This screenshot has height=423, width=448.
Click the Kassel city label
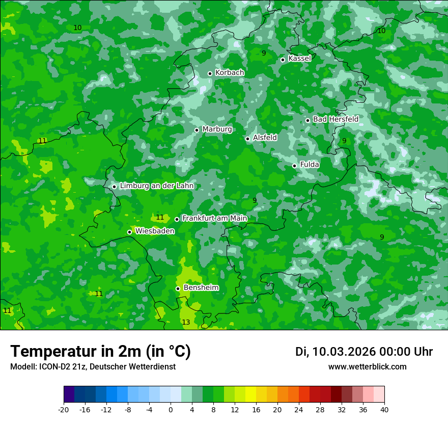pos(299,59)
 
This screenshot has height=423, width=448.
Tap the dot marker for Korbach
pos(210,73)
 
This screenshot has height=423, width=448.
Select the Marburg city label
pos(217,129)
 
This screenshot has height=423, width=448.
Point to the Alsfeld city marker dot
pos(247,139)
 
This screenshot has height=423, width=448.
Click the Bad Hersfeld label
pos(335,119)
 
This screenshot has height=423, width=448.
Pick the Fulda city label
pos(310,165)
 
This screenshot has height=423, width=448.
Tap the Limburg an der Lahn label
pos(157,186)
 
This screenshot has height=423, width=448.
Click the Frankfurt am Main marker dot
pos(177,219)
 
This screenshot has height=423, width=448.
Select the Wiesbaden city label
pos(155,231)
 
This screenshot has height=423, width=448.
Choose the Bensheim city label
pos(201,287)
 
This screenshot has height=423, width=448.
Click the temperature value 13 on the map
pos(186,322)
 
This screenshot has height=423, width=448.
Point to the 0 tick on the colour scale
pos(171,410)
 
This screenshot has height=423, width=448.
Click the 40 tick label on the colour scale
pos(384,410)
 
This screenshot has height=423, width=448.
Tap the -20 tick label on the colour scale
pos(64,410)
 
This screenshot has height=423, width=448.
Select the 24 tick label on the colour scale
pos(298,410)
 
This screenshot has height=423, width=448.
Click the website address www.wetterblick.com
pos(367,366)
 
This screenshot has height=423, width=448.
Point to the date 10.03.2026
pos(344,352)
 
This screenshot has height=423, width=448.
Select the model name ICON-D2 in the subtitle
pos(53,366)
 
